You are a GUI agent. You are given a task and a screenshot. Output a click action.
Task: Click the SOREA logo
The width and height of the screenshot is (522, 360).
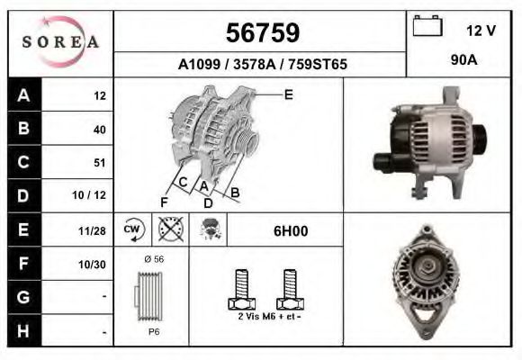click(x=60, y=42)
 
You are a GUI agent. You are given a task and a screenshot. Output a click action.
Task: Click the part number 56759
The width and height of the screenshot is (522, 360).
click(x=261, y=33)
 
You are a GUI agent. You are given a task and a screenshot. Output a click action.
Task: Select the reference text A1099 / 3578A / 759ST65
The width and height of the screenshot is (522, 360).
click(x=262, y=65)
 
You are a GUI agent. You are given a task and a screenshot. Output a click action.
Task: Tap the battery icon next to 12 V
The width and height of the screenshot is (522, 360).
click(x=427, y=27)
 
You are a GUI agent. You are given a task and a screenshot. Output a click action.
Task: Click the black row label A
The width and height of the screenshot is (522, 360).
click(x=23, y=95)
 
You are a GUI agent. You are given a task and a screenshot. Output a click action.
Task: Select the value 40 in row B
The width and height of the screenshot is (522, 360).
click(x=99, y=130)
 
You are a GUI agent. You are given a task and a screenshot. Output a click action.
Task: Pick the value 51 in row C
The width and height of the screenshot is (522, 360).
click(x=99, y=163)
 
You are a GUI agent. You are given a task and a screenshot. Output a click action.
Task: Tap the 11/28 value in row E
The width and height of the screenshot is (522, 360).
click(x=92, y=230)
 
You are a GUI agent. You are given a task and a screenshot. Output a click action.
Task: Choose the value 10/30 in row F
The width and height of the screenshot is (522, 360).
click(x=92, y=264)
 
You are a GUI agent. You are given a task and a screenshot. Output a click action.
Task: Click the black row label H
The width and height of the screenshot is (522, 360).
click(x=23, y=331)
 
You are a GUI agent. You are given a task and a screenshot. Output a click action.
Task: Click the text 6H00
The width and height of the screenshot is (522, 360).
click(x=291, y=231)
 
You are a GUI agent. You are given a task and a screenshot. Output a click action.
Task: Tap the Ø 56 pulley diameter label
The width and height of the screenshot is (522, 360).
click(x=153, y=259)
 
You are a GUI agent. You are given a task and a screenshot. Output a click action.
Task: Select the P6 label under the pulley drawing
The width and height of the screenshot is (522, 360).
click(x=154, y=331)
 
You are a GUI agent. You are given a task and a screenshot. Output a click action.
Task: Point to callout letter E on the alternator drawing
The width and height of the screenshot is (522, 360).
click(x=288, y=94)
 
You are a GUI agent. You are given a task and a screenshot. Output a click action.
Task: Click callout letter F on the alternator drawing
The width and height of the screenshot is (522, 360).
click(x=164, y=202)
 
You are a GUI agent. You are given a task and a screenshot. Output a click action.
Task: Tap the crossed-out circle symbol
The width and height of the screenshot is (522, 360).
click(x=169, y=230)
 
